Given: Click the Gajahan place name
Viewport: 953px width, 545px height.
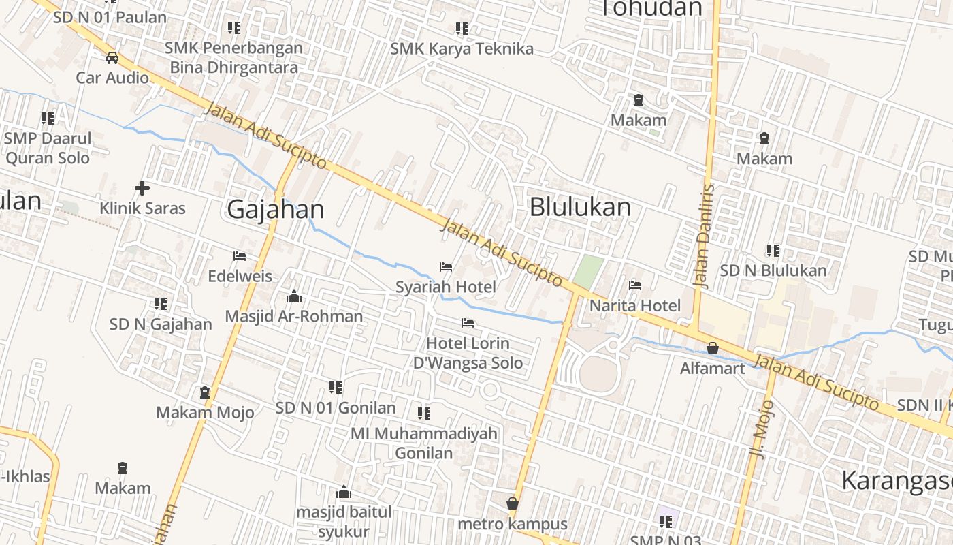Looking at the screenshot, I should (x=275, y=209).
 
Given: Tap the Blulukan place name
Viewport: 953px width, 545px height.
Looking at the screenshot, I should (x=580, y=206).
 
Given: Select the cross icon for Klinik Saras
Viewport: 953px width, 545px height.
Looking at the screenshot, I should (x=142, y=188).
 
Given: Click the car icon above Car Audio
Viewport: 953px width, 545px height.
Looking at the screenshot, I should (x=112, y=57).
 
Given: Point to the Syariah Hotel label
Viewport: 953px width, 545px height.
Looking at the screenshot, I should (x=446, y=287).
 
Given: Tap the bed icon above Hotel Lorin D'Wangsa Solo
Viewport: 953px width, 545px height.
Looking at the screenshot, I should (x=468, y=323).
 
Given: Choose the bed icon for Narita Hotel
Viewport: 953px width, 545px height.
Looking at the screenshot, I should (x=635, y=285).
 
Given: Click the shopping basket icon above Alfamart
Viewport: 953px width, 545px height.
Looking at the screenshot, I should (x=713, y=348).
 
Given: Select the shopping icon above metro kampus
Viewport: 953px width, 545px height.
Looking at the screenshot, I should (x=513, y=503).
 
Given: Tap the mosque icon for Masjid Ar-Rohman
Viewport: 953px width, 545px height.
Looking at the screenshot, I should (x=294, y=296).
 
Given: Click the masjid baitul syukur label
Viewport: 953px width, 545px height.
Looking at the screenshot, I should (x=344, y=521).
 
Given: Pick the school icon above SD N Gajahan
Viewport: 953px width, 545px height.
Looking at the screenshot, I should (x=161, y=304).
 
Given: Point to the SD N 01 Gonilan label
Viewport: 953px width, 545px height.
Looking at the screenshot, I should (x=336, y=407).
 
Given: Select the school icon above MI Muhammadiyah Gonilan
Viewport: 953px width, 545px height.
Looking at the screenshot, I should (x=424, y=414).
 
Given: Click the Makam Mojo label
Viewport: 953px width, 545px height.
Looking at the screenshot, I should (x=205, y=412).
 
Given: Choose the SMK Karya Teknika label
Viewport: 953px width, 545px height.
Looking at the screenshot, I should (x=462, y=48).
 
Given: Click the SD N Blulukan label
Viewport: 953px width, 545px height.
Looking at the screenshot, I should (x=773, y=270).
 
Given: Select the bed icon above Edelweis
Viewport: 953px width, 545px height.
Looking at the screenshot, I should (x=240, y=256).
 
